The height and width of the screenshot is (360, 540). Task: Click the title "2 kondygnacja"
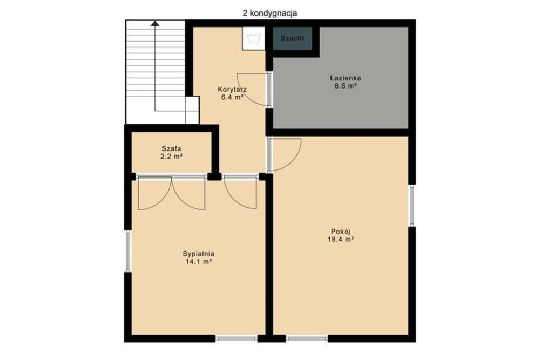[269, 13]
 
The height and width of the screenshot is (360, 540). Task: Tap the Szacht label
[292, 38]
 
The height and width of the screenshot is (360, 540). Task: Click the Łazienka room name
[345, 78]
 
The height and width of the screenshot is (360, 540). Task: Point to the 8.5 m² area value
[345, 86]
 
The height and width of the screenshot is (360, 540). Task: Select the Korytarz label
[232, 90]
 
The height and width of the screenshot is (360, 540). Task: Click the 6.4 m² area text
[232, 97]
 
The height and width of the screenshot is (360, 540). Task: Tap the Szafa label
[172, 148]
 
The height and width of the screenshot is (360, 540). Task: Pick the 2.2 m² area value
[172, 157]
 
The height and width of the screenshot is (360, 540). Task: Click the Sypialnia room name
[198, 254]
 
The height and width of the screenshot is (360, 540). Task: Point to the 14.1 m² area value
[198, 262]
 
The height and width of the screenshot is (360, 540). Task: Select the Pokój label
[341, 232]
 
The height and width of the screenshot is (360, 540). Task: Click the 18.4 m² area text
[341, 239]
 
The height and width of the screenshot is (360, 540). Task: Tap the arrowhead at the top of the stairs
[155, 23]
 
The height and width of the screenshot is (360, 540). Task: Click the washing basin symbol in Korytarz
[253, 38]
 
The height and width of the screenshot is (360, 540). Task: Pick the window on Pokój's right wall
[411, 206]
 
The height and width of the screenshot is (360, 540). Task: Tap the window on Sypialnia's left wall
[128, 251]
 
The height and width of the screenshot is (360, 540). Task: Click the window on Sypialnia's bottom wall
[237, 338]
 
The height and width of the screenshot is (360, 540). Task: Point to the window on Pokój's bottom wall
[307, 338]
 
